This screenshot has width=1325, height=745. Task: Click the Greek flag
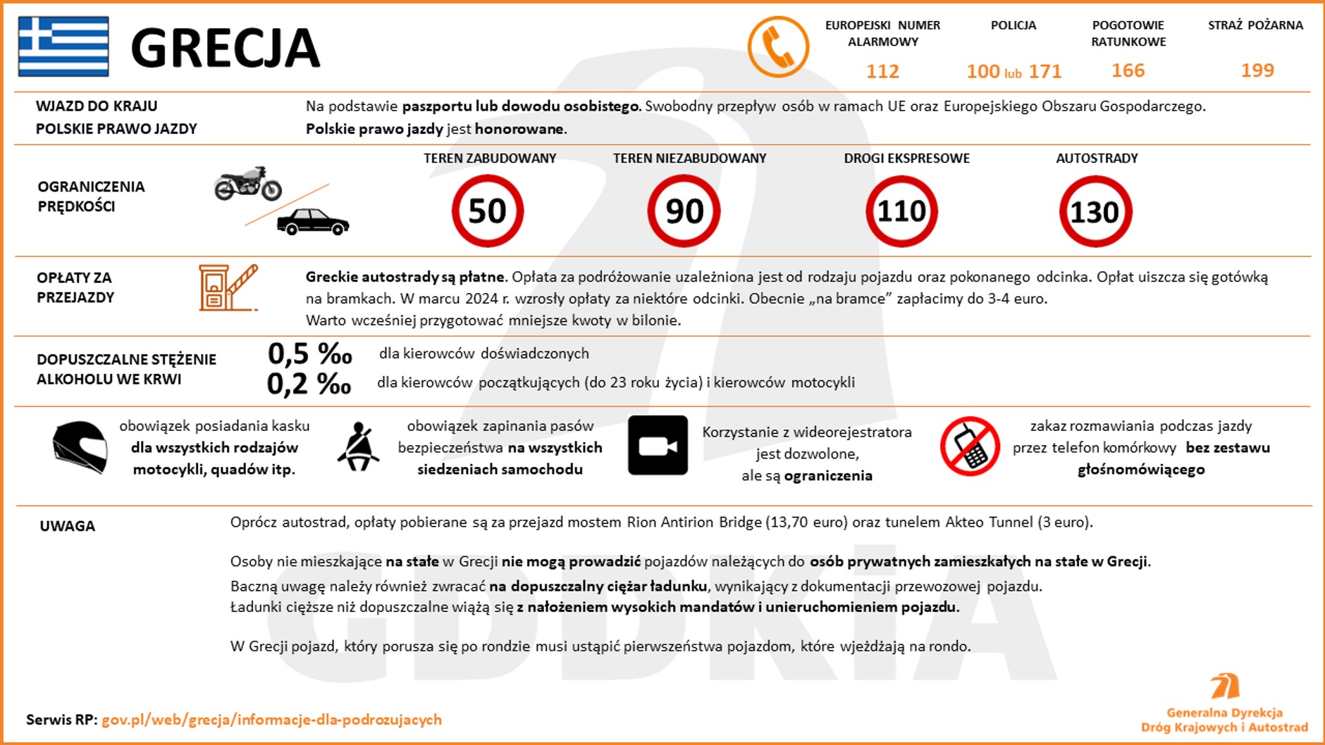63,46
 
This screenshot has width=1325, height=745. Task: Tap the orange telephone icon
778,46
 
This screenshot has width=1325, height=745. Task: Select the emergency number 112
882,71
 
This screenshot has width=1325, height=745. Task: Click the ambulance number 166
1128,70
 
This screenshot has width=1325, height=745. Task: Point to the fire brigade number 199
1257,70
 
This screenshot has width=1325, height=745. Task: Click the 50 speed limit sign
488,211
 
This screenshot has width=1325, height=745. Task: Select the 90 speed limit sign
684,211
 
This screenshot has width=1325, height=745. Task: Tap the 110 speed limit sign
901,211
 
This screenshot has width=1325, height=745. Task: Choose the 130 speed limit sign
1095,211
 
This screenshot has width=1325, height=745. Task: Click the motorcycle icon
248,184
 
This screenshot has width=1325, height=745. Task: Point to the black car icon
313,222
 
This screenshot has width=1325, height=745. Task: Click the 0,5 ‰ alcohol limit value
309,353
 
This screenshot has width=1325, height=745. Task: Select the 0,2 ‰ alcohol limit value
309,383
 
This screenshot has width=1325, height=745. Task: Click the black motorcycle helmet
80,446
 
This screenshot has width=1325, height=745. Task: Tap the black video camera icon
658,445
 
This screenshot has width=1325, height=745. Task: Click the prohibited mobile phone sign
970,446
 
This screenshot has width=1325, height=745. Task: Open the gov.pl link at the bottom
271,720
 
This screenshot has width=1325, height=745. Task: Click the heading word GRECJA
226,48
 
